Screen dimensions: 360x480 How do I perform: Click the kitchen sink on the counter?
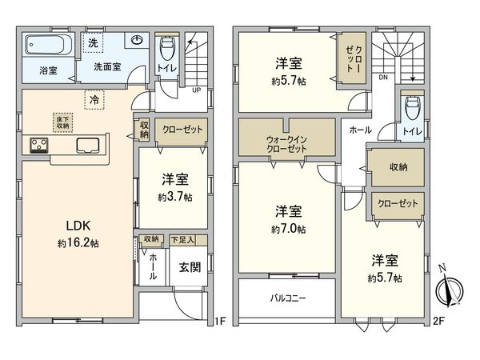tap(87, 146)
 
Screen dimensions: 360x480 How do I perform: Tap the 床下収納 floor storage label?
tap(62, 121)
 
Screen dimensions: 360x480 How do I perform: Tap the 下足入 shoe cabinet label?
tap(188, 240)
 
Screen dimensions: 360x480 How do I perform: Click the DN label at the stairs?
tap(382, 78)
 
